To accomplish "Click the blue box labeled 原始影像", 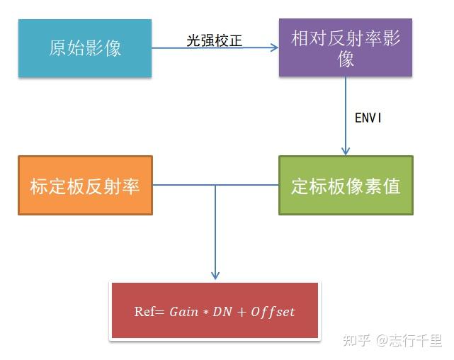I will (85, 48).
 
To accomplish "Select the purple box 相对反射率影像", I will (346, 48).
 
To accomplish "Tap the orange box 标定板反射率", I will (85, 186).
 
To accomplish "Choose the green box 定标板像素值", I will (346, 186).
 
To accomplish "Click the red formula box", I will (215, 311).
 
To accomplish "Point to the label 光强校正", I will (214, 40).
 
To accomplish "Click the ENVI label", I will (368, 118).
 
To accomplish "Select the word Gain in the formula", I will (183, 312).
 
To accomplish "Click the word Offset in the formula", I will (272, 312).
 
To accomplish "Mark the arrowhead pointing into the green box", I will (346, 151).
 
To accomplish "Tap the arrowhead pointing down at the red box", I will (215, 275).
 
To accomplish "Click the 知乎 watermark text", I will (356, 341).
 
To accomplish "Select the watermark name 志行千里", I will (418, 341).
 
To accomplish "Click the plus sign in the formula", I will (238, 313).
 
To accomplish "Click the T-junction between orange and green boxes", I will (215, 186).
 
